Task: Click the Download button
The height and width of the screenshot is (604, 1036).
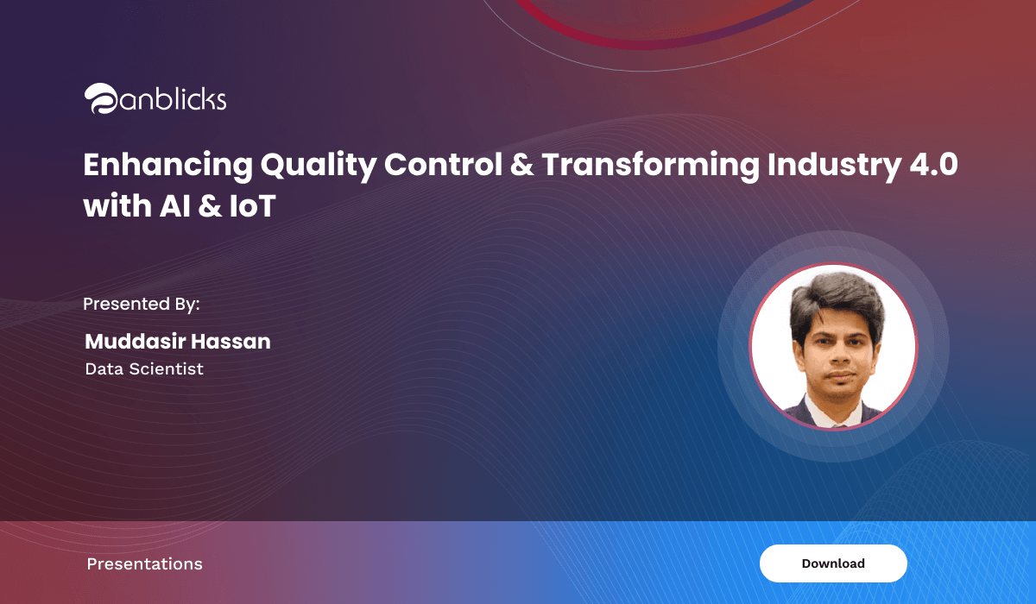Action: pos(833,563)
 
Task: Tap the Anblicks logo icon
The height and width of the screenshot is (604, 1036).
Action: pos(101,98)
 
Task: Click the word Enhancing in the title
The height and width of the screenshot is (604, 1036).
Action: pos(168,166)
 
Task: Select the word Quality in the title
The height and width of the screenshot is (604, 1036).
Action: pos(319,166)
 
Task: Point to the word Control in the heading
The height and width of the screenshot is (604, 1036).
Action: pos(443,165)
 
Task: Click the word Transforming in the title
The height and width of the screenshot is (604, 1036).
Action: pos(651,166)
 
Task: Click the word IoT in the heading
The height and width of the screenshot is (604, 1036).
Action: pos(252,205)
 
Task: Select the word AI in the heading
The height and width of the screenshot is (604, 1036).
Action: pos(175,205)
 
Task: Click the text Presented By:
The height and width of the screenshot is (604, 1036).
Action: pos(141,304)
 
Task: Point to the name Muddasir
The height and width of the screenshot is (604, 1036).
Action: pos(135,342)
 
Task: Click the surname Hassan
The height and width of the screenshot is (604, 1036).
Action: pos(231,342)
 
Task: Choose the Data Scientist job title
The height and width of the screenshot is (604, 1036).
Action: pos(144,368)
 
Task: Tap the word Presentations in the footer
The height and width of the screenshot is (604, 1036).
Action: pos(145,563)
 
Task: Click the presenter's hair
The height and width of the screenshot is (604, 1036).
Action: pos(836,300)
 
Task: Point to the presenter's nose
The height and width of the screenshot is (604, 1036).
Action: pos(838,355)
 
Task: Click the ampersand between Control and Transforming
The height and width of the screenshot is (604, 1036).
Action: pos(522,165)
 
